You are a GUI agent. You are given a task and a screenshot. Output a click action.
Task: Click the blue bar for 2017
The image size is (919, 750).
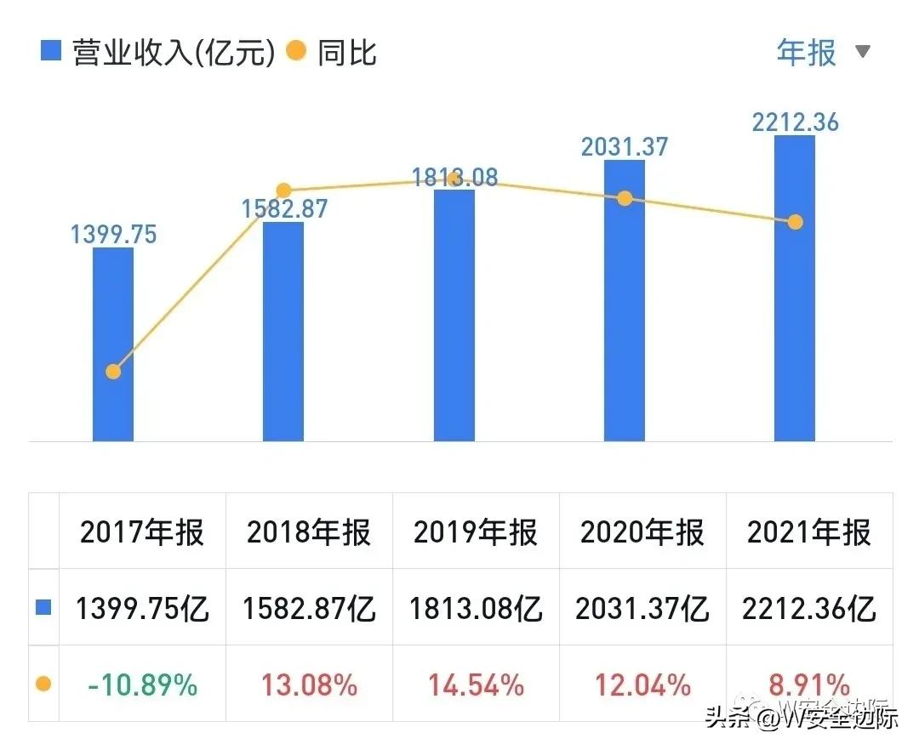(113, 344)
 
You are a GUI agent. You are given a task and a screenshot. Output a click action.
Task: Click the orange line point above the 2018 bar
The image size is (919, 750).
(284, 191)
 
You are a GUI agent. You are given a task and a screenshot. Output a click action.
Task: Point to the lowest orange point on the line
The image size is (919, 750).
(113, 372)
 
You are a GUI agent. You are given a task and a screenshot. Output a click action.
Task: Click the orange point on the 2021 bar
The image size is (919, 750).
(795, 222)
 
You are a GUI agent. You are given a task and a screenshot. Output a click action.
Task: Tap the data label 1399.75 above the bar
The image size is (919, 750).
(113, 234)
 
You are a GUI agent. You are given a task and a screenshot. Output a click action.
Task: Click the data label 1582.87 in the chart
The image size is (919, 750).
(284, 208)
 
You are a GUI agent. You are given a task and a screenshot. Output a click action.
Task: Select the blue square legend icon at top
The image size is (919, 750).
(51, 53)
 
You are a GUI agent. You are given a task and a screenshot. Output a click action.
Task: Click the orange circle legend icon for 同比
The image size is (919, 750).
(295, 53)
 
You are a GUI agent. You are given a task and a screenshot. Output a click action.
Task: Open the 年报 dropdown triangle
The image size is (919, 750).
(863, 53)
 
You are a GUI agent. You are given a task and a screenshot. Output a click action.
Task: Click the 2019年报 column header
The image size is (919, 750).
(476, 533)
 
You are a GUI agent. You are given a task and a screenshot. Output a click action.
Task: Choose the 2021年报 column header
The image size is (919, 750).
(809, 533)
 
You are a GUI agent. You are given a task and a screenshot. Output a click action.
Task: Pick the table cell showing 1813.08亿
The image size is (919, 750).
(476, 609)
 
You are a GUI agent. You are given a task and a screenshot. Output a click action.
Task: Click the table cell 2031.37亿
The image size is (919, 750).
(642, 609)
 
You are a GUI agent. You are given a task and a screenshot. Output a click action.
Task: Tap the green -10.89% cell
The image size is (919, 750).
(142, 684)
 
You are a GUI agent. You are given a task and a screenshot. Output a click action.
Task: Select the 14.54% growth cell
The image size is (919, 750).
(476, 684)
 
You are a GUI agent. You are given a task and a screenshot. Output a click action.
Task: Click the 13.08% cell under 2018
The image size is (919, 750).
(309, 684)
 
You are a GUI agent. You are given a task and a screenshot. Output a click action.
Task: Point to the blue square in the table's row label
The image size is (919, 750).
(43, 608)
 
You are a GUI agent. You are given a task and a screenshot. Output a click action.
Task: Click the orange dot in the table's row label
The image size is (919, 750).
(43, 684)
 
